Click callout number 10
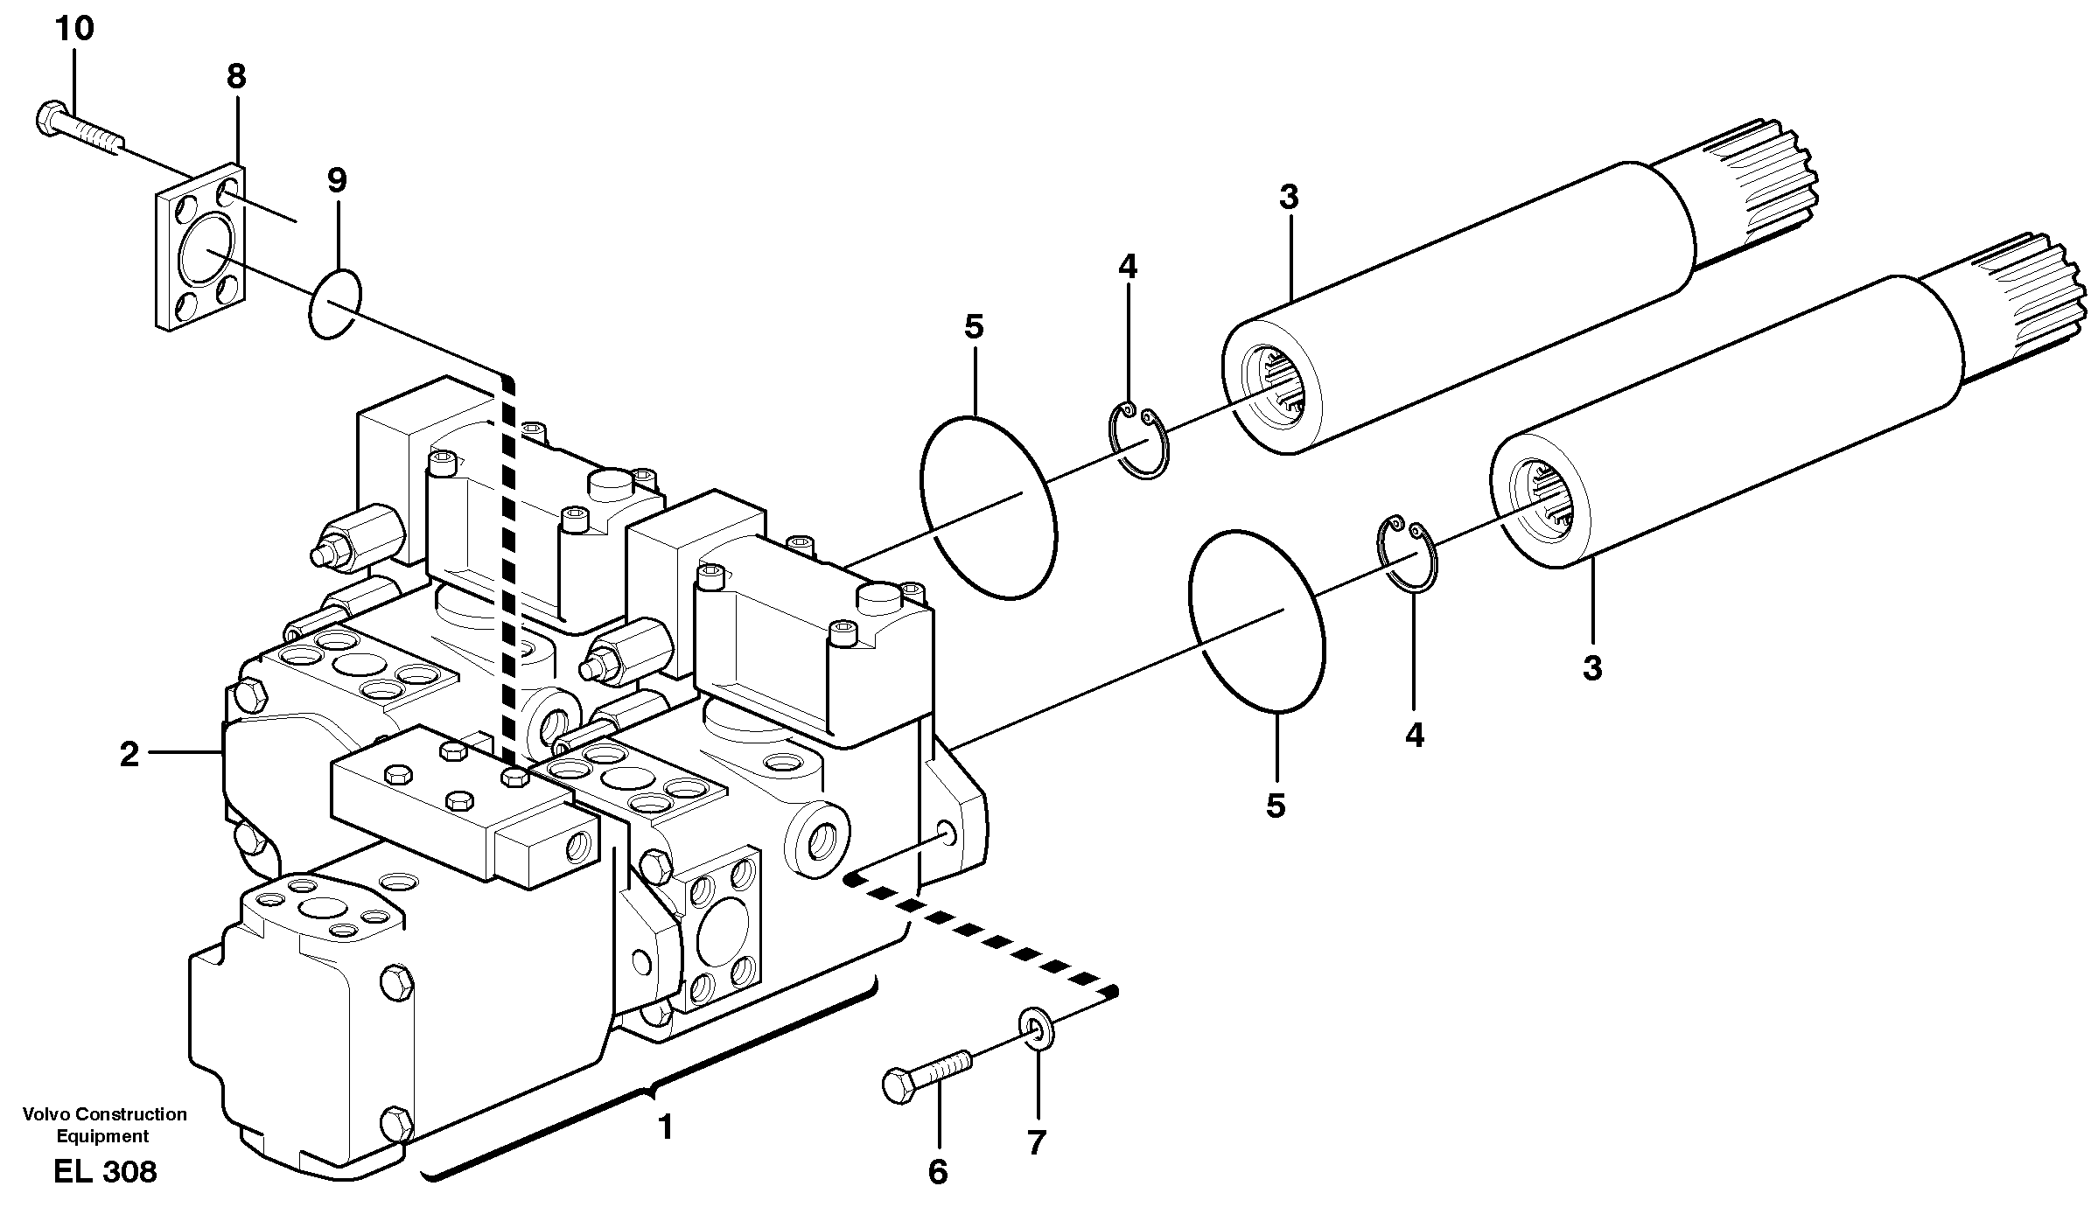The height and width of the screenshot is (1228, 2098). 74,30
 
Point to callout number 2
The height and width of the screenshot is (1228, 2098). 129,754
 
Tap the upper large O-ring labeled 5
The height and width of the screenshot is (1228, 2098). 988,508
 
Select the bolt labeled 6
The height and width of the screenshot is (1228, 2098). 927,1073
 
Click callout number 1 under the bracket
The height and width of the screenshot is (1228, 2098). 666,1128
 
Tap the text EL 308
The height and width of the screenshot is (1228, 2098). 105,1172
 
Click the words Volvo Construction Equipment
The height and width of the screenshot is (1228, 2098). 104,1125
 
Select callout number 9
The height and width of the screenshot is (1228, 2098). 337,181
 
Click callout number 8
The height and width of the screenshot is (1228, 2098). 236,77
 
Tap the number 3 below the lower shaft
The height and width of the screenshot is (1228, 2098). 1592,668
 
